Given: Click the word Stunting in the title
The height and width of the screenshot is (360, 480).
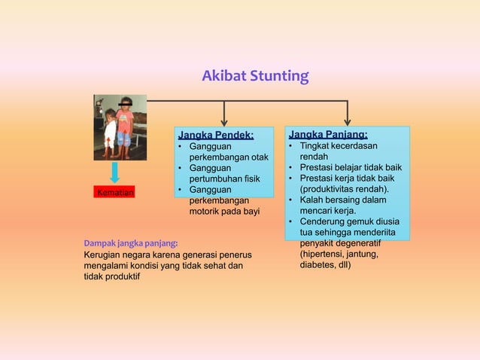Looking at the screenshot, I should (279, 76).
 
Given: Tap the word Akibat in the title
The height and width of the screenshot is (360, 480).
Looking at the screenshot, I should (223, 76).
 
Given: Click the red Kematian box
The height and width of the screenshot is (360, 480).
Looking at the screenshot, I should (114, 194).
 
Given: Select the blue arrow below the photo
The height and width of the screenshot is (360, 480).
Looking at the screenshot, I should (114, 171).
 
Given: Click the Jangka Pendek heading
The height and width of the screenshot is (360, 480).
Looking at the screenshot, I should (215, 135).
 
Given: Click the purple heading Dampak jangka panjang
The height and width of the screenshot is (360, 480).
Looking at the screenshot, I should (131, 243).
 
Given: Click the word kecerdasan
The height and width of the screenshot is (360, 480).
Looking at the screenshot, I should (351, 145).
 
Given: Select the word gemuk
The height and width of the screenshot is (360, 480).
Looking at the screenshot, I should (360, 222).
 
